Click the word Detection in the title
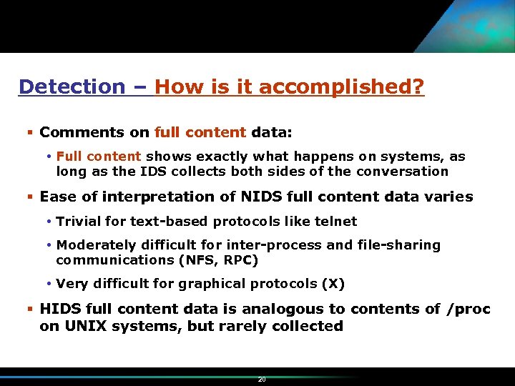[72, 87]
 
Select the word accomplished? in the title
[342, 87]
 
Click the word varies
[450, 197]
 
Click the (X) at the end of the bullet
[333, 284]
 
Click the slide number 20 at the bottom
[261, 380]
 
